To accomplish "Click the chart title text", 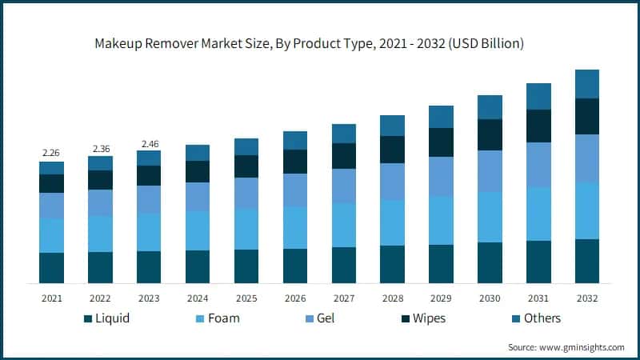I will (320, 44).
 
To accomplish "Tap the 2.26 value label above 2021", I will (51, 153).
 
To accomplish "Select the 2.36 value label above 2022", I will (100, 148).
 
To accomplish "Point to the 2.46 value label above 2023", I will (149, 143).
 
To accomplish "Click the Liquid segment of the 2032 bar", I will (587, 261).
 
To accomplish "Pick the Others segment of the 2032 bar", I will (587, 84).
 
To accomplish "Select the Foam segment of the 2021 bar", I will (51, 235).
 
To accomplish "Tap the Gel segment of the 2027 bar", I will (344, 186).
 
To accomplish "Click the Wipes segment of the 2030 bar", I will (490, 134).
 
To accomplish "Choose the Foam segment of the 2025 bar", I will (246, 229).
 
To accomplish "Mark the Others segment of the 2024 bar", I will (198, 153).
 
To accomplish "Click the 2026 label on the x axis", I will (295, 298).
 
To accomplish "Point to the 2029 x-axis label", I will (441, 298).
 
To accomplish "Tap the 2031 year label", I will (538, 298).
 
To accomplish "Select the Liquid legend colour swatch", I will (87, 318).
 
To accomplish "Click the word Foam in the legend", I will (223, 318).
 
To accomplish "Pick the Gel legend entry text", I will (326, 318).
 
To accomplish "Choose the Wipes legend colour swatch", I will (407, 318).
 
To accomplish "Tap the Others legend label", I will (542, 318).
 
